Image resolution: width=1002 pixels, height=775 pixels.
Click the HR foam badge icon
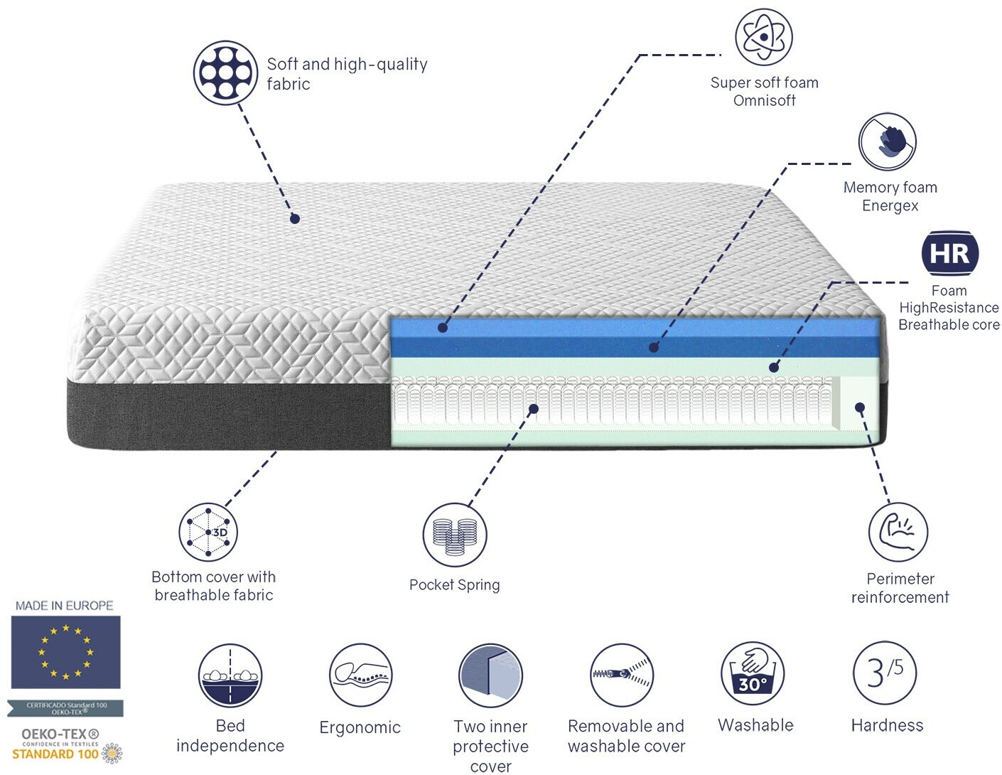(x=950, y=253)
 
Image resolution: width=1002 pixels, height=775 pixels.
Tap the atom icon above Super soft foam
(x=763, y=37)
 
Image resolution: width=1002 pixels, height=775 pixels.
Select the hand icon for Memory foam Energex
(x=887, y=141)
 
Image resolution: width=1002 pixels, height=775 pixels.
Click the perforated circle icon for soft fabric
(x=225, y=73)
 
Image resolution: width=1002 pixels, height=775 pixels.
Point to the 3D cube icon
(x=208, y=532)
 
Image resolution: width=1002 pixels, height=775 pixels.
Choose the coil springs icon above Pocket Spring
(x=455, y=535)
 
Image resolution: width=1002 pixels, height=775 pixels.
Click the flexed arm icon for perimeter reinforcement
(x=898, y=532)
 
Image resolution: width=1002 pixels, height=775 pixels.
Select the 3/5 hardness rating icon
(x=885, y=673)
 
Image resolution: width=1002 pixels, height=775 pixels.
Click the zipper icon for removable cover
(x=622, y=675)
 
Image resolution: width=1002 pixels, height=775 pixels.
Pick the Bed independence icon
(x=230, y=676)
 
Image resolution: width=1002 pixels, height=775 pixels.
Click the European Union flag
(x=65, y=652)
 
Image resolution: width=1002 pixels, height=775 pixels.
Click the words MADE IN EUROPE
(x=65, y=606)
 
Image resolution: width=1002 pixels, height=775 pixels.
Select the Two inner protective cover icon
(x=490, y=676)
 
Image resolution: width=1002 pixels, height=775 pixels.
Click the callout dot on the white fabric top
(x=295, y=219)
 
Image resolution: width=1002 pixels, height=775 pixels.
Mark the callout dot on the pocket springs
(x=534, y=409)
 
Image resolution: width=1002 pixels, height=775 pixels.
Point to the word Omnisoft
(x=765, y=100)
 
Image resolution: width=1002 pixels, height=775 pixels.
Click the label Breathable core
(x=949, y=325)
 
